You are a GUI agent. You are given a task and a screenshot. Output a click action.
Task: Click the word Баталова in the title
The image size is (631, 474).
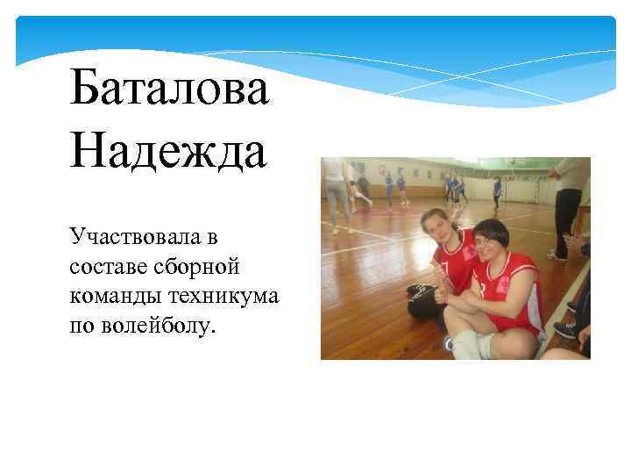click(x=170, y=90)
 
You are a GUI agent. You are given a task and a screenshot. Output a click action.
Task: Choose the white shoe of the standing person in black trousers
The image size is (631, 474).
click(x=555, y=255)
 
